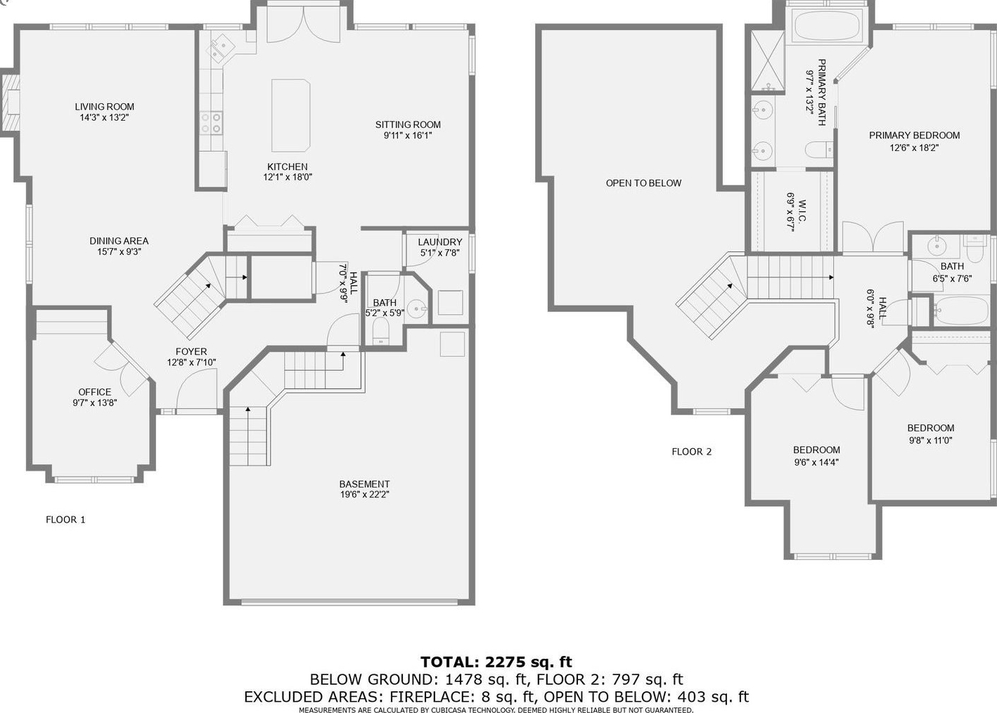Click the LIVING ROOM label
pyautogui.click(x=104, y=107)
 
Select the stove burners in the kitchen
pyautogui.click(x=211, y=123)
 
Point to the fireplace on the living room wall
pyautogui.click(x=11, y=103)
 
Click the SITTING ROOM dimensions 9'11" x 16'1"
pyautogui.click(x=408, y=136)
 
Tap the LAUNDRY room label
pyautogui.click(x=439, y=242)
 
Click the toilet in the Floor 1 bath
pyautogui.click(x=380, y=331)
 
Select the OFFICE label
pyautogui.click(x=95, y=392)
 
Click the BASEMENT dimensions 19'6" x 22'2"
pyautogui.click(x=364, y=495)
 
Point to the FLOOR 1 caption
pyautogui.click(x=65, y=520)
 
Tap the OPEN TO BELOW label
pyautogui.click(x=643, y=183)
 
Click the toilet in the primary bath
pyautogui.click(x=819, y=149)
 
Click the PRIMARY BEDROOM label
pyautogui.click(x=914, y=135)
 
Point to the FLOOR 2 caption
pyautogui.click(x=692, y=452)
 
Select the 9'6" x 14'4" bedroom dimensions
pyautogui.click(x=816, y=462)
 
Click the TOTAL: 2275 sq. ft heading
pyautogui.click(x=496, y=662)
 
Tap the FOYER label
pyautogui.click(x=191, y=351)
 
